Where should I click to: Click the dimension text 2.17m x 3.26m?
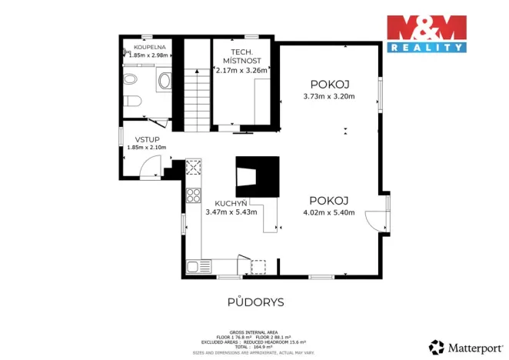point(241,70)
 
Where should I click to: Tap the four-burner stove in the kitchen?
point(192,194)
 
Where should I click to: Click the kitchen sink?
point(197,268)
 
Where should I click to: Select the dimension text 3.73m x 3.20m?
point(330,96)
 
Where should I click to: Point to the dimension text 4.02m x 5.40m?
point(329,212)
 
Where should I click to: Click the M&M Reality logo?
point(426,33)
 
